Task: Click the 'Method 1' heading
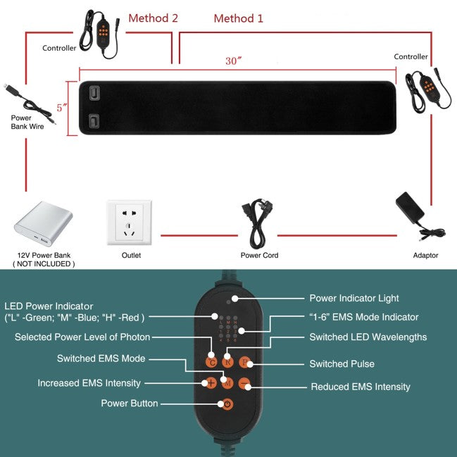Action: point(238,18)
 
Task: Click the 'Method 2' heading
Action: point(153,18)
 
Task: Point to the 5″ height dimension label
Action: point(63,108)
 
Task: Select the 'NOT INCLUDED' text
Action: point(43,263)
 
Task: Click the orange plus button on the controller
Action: point(210,383)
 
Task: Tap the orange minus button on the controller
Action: point(244,383)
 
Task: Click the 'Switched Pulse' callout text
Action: point(342,364)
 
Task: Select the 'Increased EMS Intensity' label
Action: point(89,383)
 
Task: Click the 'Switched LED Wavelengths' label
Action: point(368,337)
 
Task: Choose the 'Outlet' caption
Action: point(131,256)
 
